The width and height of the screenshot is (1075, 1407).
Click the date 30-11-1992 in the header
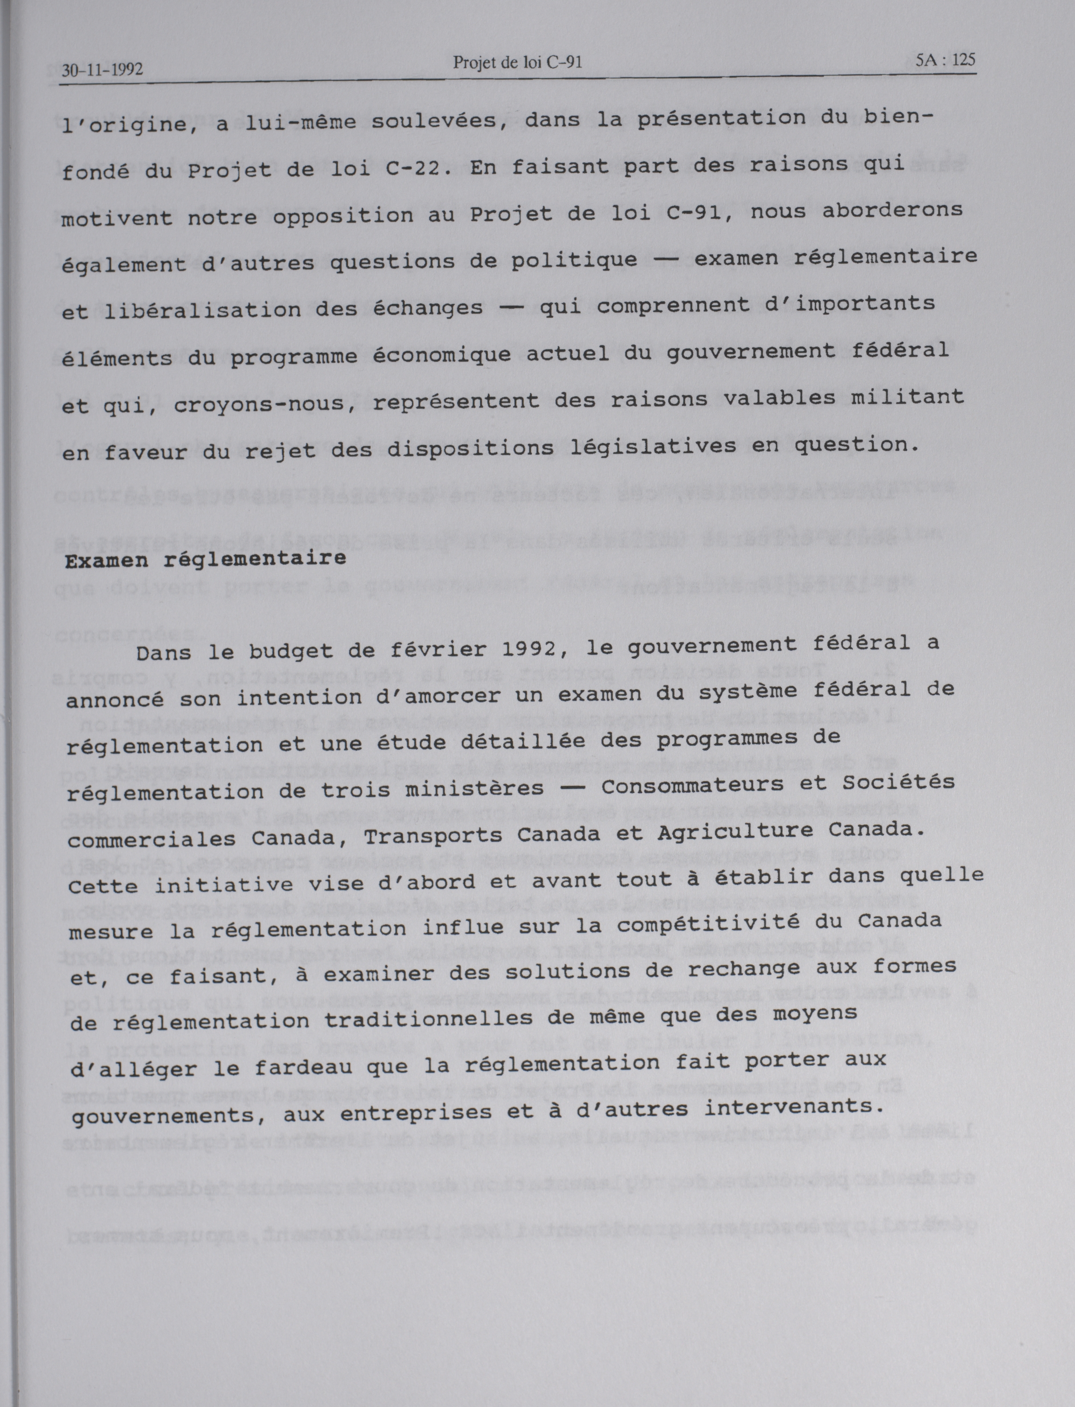tap(102, 69)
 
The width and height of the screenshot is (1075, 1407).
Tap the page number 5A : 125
tap(945, 61)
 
